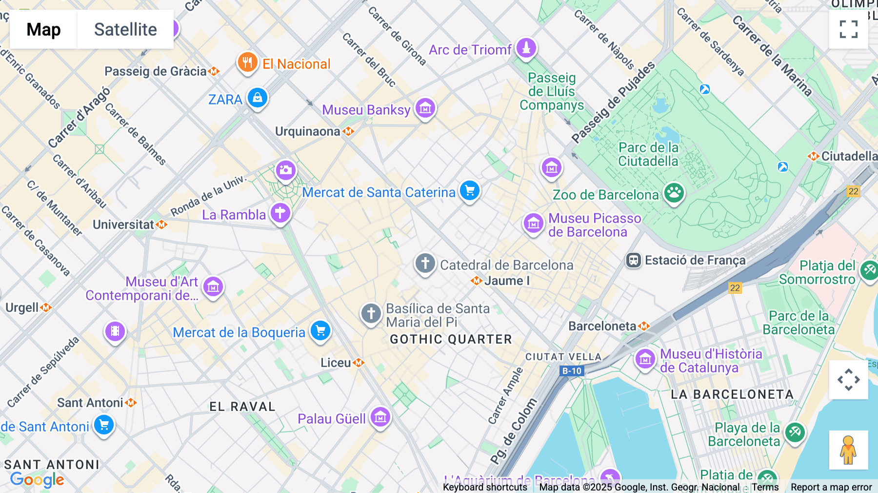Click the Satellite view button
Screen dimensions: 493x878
click(125, 29)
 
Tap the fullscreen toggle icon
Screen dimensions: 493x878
click(848, 29)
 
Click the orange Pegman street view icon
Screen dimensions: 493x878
click(848, 450)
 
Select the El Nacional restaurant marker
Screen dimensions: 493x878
click(247, 62)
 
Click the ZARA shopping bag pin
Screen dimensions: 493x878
click(257, 98)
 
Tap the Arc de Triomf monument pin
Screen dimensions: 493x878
click(526, 48)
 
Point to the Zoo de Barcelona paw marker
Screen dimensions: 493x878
click(674, 193)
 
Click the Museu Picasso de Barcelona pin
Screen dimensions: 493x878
click(533, 224)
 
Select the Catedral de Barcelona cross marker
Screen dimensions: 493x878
click(425, 264)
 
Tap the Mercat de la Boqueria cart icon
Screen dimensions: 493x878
click(320, 331)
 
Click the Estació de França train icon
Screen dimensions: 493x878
click(633, 260)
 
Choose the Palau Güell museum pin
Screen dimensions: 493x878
click(380, 417)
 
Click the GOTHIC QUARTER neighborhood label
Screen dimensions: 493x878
click(451, 339)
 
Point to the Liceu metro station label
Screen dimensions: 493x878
click(336, 363)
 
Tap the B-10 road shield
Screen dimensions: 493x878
click(572, 371)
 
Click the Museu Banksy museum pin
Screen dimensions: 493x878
click(425, 108)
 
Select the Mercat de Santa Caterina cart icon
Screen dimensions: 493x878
click(470, 191)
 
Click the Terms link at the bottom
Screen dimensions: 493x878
click(765, 487)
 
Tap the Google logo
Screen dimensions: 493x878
click(37, 480)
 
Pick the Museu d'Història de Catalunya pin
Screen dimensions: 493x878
click(645, 359)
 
